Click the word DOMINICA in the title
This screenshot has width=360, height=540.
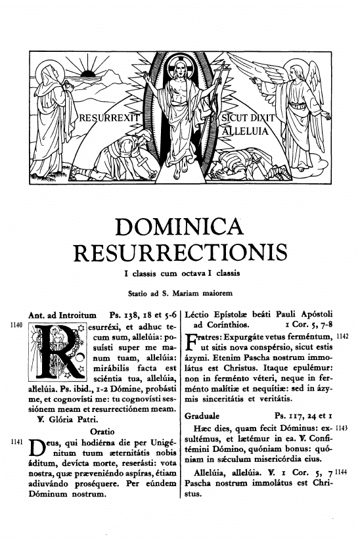tap(179, 229)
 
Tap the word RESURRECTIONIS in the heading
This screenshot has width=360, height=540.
tap(179, 253)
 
